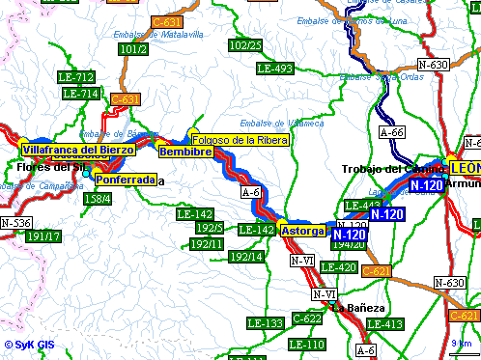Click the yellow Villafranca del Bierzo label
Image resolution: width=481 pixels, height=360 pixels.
click(x=78, y=150)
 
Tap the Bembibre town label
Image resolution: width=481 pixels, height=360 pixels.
click(x=185, y=152)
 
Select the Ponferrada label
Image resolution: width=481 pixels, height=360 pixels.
click(x=126, y=180)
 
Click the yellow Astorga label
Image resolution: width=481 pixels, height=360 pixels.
click(x=302, y=230)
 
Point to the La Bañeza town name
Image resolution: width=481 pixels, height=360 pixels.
click(x=358, y=309)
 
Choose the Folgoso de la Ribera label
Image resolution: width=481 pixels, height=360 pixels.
click(x=240, y=140)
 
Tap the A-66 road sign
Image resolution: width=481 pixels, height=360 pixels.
click(x=391, y=133)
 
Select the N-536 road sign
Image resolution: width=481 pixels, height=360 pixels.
click(x=15, y=223)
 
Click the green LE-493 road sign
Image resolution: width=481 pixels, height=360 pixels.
click(x=275, y=69)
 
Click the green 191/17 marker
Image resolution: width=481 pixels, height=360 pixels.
click(x=43, y=236)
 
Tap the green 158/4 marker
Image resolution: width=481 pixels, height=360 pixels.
click(x=98, y=199)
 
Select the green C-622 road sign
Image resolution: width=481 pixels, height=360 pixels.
click(x=307, y=318)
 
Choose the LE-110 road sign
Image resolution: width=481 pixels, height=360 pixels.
click(x=306, y=345)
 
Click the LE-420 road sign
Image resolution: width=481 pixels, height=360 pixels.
click(x=338, y=267)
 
